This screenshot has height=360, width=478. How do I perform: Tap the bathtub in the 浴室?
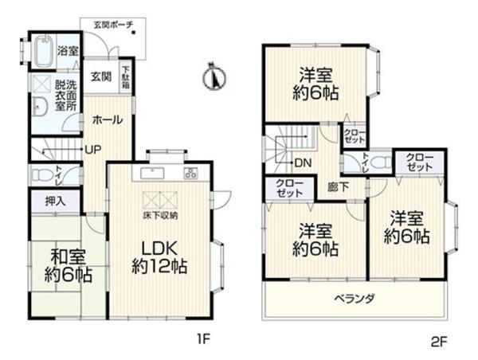(x=44, y=53)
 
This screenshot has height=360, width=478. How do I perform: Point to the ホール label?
(x=108, y=119)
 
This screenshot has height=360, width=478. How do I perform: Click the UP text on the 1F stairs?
(x=93, y=148)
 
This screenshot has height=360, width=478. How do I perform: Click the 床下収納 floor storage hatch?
(x=159, y=201)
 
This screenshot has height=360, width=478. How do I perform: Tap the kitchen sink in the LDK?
(x=151, y=173)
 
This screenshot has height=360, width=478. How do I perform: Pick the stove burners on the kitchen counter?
(x=191, y=173)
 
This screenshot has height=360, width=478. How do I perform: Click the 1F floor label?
(x=203, y=339)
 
